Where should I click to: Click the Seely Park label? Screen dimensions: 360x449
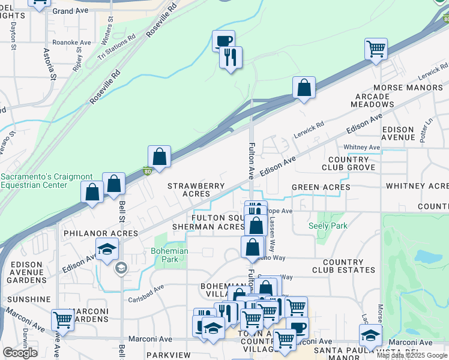point(328,226)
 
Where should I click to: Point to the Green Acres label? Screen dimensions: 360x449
point(321,187)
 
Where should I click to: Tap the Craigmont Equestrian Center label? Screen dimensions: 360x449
point(47,181)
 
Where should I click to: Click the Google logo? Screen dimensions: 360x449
point(20,353)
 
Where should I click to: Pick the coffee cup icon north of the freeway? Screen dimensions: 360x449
point(223,41)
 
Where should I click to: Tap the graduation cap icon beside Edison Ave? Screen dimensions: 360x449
point(107,249)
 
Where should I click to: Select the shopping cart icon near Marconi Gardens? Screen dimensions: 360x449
point(62,320)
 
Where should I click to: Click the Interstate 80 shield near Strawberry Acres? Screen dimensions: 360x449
point(148,171)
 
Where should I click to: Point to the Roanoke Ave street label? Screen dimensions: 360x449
point(71,43)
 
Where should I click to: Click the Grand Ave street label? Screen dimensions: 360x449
point(70,11)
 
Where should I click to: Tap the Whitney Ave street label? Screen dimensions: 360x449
point(361,147)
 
